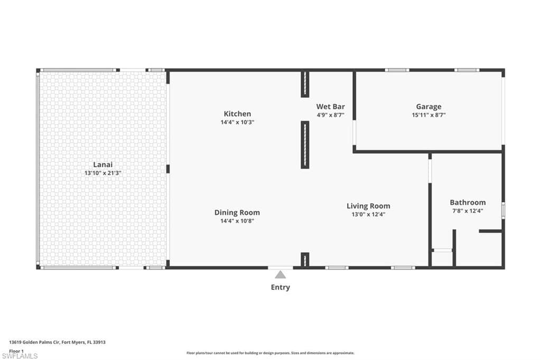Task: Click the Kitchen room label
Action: [237, 113]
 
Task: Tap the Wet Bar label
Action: [330, 106]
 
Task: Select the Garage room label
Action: [428, 107]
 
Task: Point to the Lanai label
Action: [103, 164]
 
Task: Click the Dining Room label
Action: [237, 212]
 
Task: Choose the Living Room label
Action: [368, 206]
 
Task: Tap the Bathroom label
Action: [468, 202]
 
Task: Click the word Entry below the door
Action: [280, 287]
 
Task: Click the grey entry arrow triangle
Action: [280, 274]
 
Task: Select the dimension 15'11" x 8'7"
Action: [428, 115]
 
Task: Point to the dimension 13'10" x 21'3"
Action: [103, 173]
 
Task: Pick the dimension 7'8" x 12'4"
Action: [468, 211]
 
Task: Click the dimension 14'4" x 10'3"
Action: [237, 122]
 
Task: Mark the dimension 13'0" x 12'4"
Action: [368, 214]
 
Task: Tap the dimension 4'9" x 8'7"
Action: [330, 115]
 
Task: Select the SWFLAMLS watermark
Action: [19, 356]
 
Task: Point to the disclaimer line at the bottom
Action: [270, 353]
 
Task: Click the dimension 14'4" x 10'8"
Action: [237, 221]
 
